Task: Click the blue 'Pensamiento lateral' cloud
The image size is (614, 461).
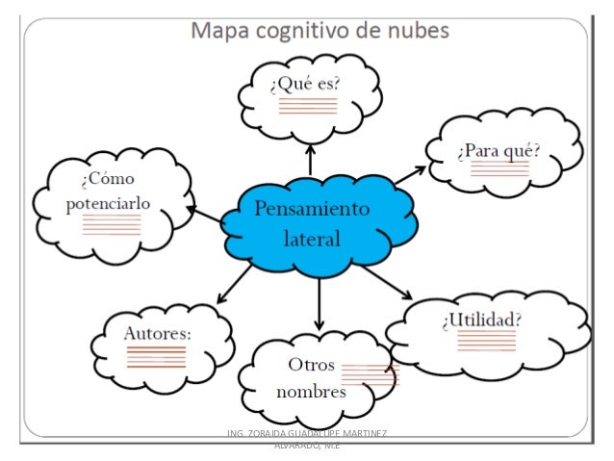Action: tap(311, 222)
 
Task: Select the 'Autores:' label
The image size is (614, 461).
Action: tap(159, 332)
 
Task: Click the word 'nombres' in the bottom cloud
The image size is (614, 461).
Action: tap(311, 393)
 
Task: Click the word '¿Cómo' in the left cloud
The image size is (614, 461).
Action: tap(108, 179)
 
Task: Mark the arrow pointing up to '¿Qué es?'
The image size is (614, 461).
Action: tap(310, 159)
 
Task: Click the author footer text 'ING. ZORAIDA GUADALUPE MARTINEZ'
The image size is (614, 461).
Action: tap(305, 435)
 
